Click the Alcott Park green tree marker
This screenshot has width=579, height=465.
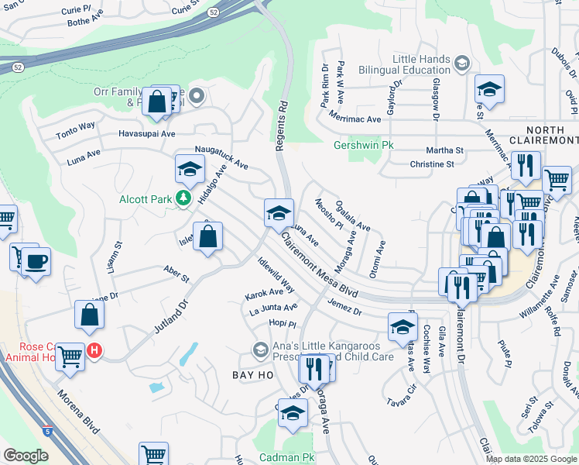click(183, 199)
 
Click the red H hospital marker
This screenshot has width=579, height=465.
click(94, 351)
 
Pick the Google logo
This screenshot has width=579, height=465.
click(26, 456)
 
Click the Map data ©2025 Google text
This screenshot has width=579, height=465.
click(530, 459)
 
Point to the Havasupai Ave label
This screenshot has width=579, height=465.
click(146, 133)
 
